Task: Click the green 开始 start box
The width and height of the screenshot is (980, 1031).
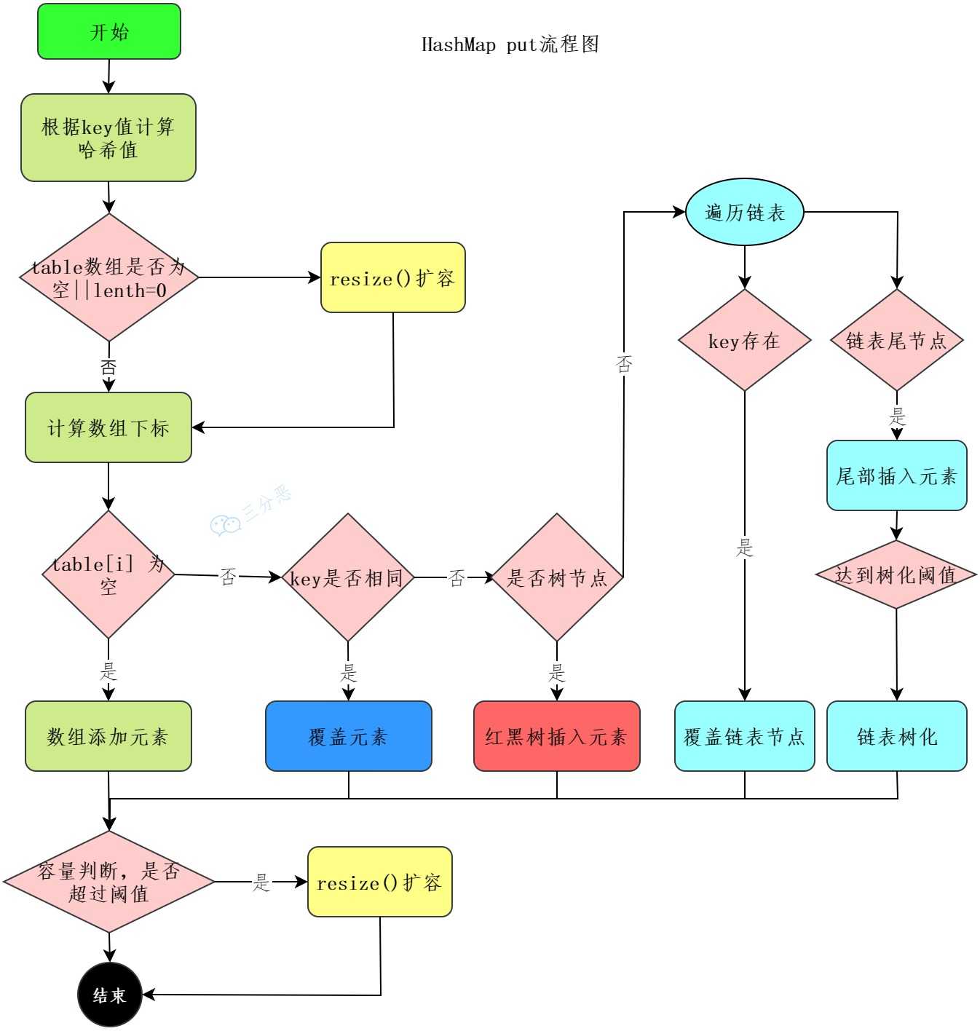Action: click(109, 31)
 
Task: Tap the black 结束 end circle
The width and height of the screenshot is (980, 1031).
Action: click(109, 995)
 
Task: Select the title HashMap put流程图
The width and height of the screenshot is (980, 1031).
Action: click(510, 44)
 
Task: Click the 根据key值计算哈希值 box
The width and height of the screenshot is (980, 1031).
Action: click(108, 138)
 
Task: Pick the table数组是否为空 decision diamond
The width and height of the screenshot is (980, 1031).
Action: click(109, 277)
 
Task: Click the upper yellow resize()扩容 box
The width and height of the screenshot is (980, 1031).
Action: click(392, 278)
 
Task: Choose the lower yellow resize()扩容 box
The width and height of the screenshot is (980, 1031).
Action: click(379, 882)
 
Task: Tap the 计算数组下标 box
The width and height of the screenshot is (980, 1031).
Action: click(108, 427)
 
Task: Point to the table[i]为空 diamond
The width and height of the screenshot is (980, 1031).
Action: click(108, 574)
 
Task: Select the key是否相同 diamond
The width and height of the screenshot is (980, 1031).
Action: click(347, 577)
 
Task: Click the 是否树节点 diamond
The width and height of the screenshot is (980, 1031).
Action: click(557, 577)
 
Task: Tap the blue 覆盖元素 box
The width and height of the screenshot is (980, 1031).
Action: click(348, 736)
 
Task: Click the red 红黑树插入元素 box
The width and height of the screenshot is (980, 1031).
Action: click(556, 736)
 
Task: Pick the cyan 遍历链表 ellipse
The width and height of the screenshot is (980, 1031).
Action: click(744, 212)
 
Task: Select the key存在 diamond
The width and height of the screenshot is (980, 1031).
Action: click(744, 340)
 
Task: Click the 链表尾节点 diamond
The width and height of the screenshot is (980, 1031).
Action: click(896, 340)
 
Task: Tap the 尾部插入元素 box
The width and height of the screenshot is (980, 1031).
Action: click(896, 475)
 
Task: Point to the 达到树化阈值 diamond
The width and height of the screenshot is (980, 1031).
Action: click(896, 574)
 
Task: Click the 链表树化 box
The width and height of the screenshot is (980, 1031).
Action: click(896, 736)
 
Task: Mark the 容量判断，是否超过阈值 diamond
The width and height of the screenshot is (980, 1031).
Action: click(109, 882)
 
